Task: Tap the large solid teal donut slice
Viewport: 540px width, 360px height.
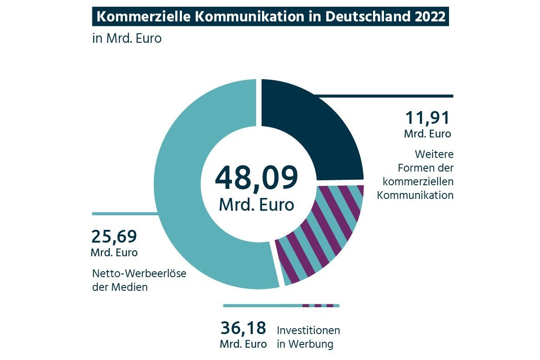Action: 191,182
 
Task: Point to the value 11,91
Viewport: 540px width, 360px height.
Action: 427,118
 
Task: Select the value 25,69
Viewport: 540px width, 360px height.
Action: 114,237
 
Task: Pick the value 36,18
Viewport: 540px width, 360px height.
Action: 243,328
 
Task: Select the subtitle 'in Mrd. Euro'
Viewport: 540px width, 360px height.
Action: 127,38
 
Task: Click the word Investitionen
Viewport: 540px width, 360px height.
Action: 308,330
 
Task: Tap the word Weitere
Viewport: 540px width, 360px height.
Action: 434,154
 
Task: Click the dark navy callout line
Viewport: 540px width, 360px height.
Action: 387,96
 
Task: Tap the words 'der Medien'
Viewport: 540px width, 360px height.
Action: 120,287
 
